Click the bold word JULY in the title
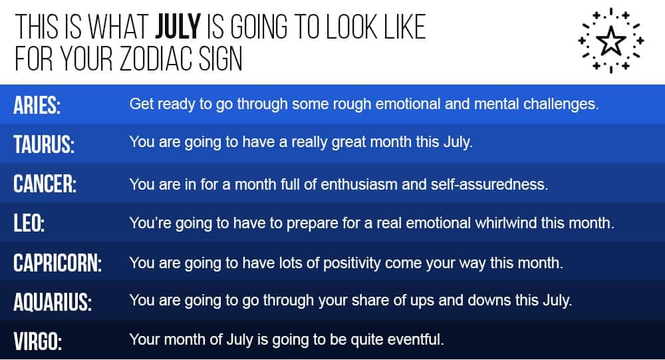[178, 27]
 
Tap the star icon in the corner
[610, 41]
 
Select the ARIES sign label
[37, 105]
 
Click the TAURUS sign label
[44, 144]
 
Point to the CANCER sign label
[45, 184]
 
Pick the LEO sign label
[29, 223]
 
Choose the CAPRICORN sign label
[58, 262]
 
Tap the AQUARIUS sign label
[53, 302]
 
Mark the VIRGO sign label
[38, 341]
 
